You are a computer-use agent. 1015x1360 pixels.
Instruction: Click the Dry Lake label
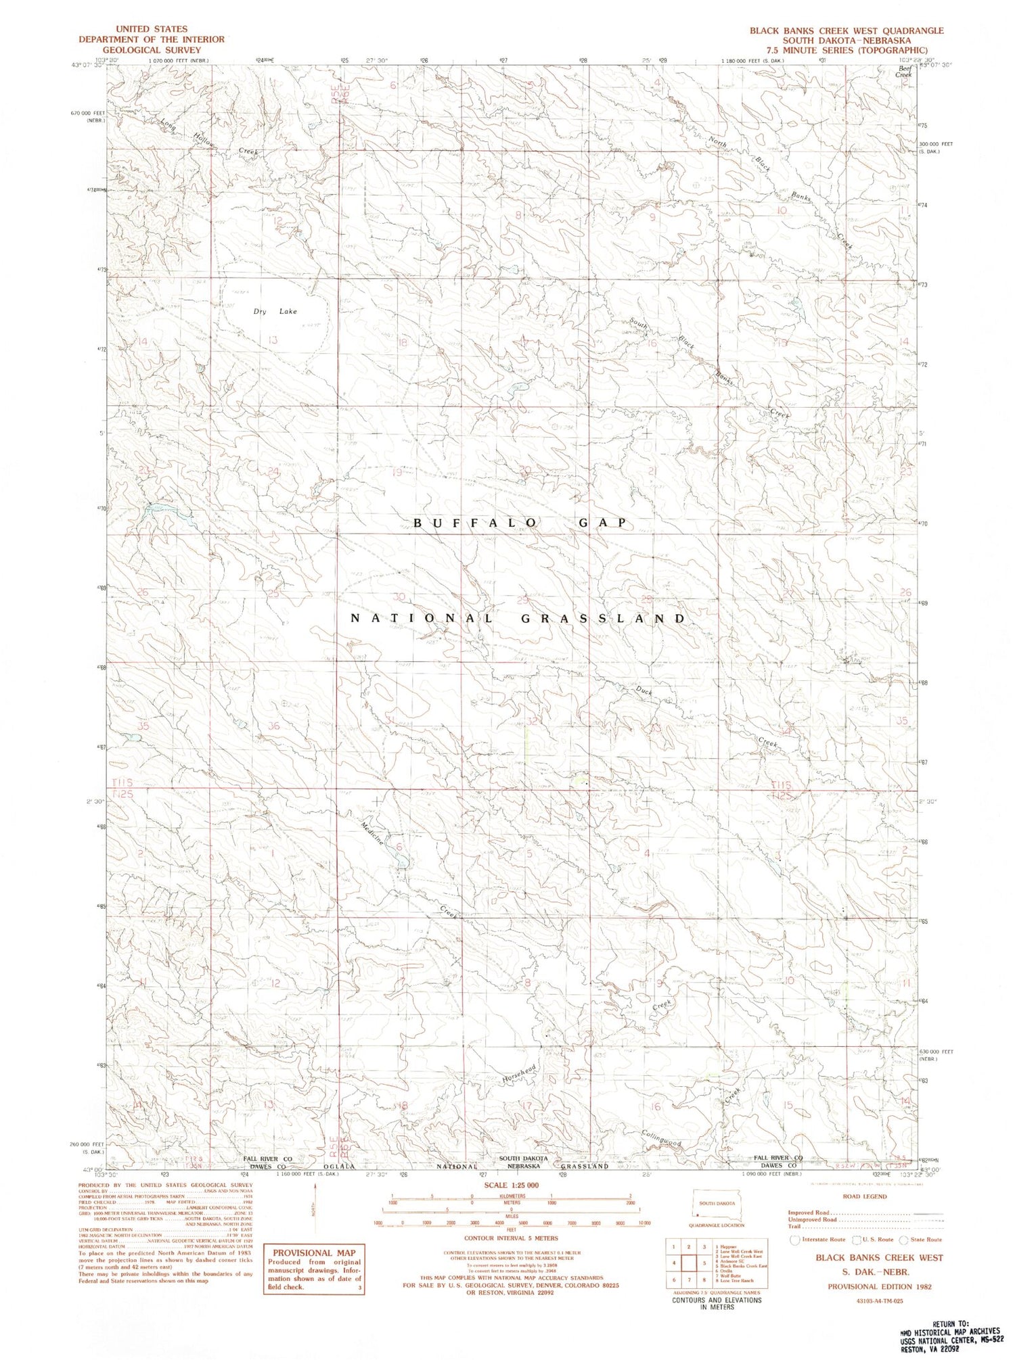(x=275, y=312)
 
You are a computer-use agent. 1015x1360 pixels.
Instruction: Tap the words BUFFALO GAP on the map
(x=520, y=523)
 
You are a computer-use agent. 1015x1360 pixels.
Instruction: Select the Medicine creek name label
(x=373, y=834)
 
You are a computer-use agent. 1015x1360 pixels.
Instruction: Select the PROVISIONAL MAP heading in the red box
(x=314, y=1252)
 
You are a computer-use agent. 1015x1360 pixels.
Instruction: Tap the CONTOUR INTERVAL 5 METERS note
(x=511, y=1238)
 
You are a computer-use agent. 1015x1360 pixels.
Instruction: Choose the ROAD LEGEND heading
(x=864, y=1196)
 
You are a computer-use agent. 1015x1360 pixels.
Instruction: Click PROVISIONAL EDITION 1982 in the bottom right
(x=879, y=1286)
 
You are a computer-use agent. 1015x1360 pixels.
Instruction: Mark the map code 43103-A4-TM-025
(x=879, y=1300)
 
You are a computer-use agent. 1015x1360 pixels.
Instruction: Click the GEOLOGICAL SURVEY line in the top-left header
(x=152, y=50)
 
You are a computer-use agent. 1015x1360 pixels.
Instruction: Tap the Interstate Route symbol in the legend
(x=795, y=1240)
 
